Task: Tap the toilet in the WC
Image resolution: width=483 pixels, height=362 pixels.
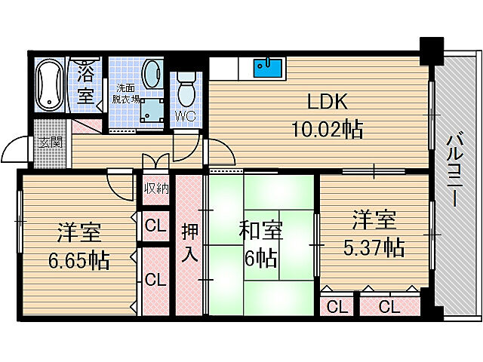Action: click(186, 89)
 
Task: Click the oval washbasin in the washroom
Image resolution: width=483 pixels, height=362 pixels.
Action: click(152, 74)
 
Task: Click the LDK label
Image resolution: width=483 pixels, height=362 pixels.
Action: click(328, 102)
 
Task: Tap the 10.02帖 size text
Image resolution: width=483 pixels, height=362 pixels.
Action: click(327, 129)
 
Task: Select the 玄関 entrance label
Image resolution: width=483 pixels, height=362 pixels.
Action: click(51, 143)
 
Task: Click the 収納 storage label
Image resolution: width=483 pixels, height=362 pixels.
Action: click(157, 188)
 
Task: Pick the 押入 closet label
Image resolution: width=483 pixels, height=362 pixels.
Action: click(189, 243)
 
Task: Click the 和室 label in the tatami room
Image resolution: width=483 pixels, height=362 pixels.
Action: click(261, 230)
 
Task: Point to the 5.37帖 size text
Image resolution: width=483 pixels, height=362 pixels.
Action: click(374, 247)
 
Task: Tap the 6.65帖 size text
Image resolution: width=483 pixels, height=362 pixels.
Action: click(78, 260)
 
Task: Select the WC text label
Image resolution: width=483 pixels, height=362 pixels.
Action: click(186, 116)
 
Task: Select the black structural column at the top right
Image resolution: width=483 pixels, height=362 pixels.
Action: click(432, 51)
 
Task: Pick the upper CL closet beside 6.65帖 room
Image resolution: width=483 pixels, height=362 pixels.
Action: click(155, 226)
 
